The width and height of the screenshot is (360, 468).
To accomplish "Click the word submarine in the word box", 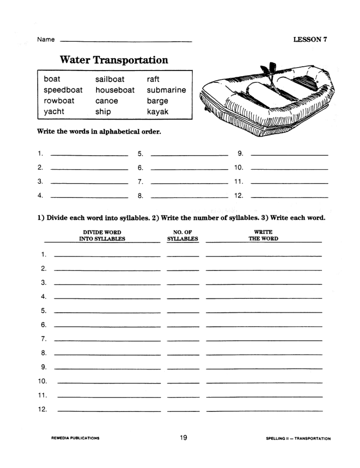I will [x=166, y=90].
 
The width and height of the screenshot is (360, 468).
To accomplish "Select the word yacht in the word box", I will [x=54, y=112].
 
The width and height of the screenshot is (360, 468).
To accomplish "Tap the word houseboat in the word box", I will [x=115, y=90].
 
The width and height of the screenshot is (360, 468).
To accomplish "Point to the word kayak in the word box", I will [x=158, y=112].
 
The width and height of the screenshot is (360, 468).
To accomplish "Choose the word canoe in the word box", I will [x=107, y=101].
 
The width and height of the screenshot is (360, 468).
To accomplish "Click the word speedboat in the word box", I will [x=63, y=90].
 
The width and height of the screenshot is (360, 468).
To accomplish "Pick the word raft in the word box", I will [x=153, y=79].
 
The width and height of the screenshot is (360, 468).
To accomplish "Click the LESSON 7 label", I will [x=310, y=40].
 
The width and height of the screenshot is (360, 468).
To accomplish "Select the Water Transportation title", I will [x=114, y=60].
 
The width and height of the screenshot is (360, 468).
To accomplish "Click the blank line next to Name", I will [x=126, y=40].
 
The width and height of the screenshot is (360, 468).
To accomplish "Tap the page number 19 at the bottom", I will [x=183, y=438].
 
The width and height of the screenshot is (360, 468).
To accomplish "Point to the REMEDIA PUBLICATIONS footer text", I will [x=76, y=438].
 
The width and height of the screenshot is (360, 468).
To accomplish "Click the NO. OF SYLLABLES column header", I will [x=183, y=235].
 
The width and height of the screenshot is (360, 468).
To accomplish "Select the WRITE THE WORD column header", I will [x=263, y=235].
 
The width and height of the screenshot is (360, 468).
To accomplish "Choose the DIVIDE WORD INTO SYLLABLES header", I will [x=102, y=235].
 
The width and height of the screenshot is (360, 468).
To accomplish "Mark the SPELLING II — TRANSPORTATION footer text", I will [x=298, y=438].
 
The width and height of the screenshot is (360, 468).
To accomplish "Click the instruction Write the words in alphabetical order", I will [x=99, y=131].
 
